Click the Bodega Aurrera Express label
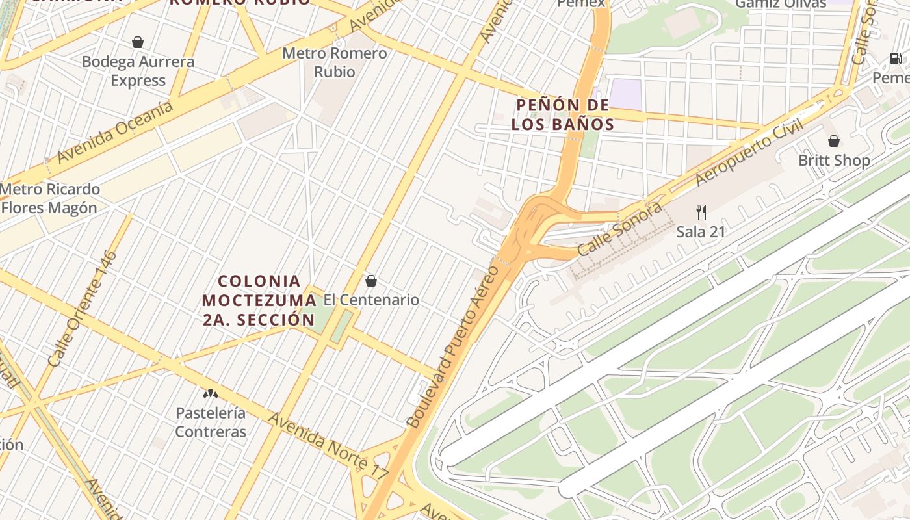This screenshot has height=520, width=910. click(x=138, y=71)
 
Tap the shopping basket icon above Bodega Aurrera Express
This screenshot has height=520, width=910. click(x=138, y=43)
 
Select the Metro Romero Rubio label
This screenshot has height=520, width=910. click(x=335, y=62)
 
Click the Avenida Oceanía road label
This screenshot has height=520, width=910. click(x=115, y=132)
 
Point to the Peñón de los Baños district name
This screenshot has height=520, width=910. click(x=563, y=114)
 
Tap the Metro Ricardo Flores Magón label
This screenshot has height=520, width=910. click(x=50, y=199)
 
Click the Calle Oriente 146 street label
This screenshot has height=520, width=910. click(x=82, y=308)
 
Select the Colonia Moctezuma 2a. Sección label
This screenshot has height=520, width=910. click(x=259, y=300)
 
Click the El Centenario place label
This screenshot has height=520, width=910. click(x=371, y=300)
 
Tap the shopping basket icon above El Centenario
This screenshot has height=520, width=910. click(x=371, y=281)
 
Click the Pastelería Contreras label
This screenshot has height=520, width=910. click(x=211, y=422)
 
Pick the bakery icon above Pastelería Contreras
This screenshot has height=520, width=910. click(x=210, y=394)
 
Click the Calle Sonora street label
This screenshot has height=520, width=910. click(x=619, y=229)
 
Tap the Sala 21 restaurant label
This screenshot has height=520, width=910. click(x=701, y=231)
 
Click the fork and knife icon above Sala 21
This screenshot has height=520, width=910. click(x=701, y=212)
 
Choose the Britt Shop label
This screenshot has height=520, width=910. click(x=834, y=160)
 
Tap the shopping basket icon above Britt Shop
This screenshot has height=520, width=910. click(x=834, y=141)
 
